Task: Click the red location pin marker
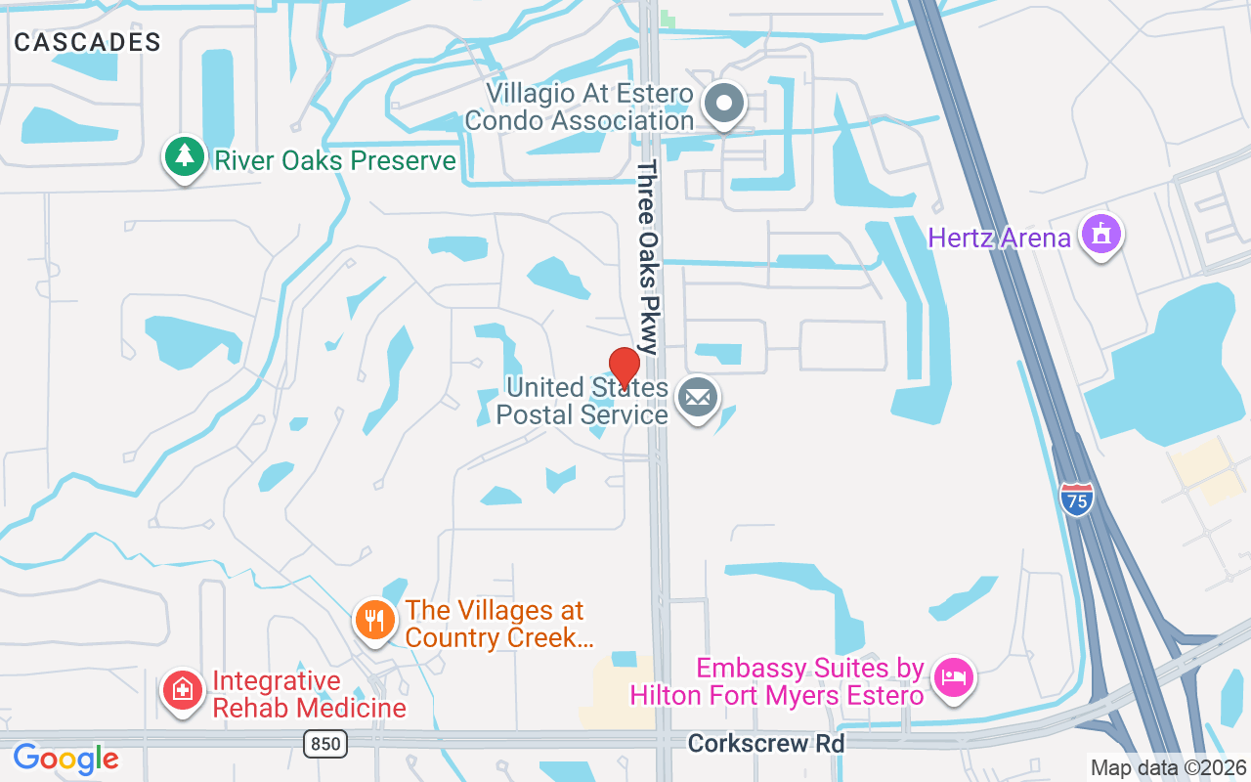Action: click(624, 368)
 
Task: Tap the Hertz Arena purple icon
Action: click(1101, 235)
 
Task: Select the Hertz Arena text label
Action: click(999, 238)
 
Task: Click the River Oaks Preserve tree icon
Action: click(183, 157)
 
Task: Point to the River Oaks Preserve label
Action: click(335, 160)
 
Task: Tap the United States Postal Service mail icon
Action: click(697, 398)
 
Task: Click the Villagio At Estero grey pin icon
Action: click(724, 103)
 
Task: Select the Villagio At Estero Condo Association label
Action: click(579, 108)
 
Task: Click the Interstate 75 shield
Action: click(1075, 500)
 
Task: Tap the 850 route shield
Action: click(324, 745)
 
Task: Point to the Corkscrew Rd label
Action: click(765, 744)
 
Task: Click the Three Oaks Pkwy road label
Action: click(649, 257)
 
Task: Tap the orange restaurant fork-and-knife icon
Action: click(373, 619)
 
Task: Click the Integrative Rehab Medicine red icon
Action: click(183, 691)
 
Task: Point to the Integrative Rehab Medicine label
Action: click(309, 694)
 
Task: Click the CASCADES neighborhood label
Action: click(88, 42)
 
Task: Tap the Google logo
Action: click(65, 759)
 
